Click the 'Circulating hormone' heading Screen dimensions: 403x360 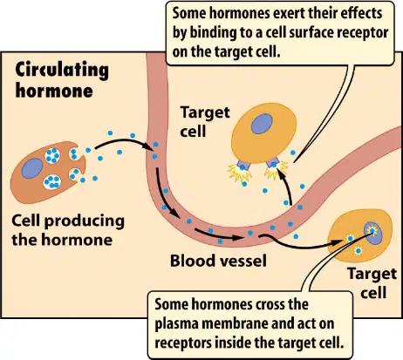62,79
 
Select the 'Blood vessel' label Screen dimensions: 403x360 218,261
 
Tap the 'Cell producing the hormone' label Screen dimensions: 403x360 68,230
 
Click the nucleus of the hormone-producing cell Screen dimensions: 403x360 32,168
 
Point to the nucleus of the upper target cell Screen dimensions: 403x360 262,124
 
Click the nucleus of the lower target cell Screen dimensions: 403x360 373,233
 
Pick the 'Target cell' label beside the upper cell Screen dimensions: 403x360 205,121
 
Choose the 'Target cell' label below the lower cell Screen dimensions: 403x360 372,283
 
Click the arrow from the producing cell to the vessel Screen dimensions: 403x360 125,141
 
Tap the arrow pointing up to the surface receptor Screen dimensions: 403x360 287,186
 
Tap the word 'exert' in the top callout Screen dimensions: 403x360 292,14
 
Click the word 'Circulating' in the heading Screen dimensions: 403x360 62,71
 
